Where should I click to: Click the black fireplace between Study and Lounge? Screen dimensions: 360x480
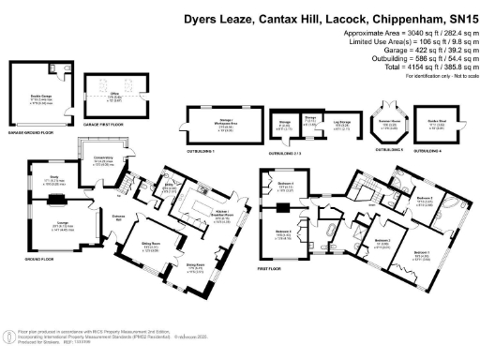(55, 199)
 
